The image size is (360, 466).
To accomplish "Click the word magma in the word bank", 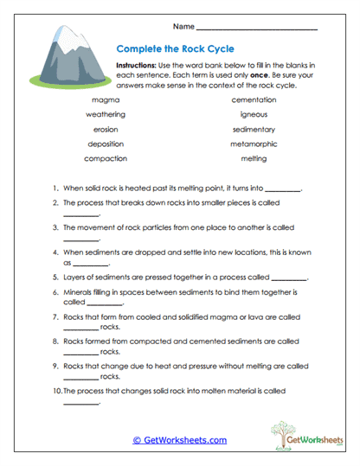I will coord(106,99).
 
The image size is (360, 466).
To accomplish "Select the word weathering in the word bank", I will coord(106,114).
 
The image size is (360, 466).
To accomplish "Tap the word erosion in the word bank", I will coord(106,129).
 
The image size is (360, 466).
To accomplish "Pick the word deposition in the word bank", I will coord(106,144).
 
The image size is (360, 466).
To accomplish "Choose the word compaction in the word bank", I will coord(106,158).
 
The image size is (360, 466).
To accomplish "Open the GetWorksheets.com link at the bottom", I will coord(180,439).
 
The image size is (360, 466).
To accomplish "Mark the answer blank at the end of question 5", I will coord(290,279).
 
